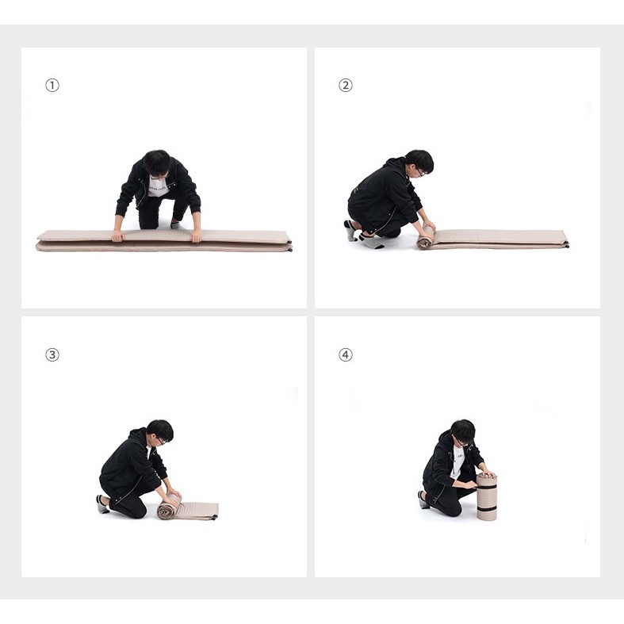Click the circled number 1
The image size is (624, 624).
click(52, 85)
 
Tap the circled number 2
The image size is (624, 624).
click(346, 85)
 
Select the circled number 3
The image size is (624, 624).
click(52, 354)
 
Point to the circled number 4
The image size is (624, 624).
click(346, 354)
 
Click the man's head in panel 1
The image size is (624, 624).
click(157, 163)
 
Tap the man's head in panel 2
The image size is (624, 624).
click(419, 163)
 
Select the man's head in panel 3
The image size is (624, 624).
click(160, 433)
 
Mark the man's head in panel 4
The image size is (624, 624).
click(463, 433)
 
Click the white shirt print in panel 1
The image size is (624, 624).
click(159, 186)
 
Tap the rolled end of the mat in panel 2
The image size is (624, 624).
click(426, 238)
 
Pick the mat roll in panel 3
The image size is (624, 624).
click(169, 507)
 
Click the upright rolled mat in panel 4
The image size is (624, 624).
click(487, 496)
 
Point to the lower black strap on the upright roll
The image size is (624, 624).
click(487, 510)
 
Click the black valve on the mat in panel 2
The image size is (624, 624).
click(566, 245)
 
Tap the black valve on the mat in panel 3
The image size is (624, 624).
click(215, 517)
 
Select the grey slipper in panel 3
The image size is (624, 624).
click(102, 504)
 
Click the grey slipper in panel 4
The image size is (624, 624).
click(423, 500)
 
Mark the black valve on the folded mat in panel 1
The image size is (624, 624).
click(290, 248)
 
